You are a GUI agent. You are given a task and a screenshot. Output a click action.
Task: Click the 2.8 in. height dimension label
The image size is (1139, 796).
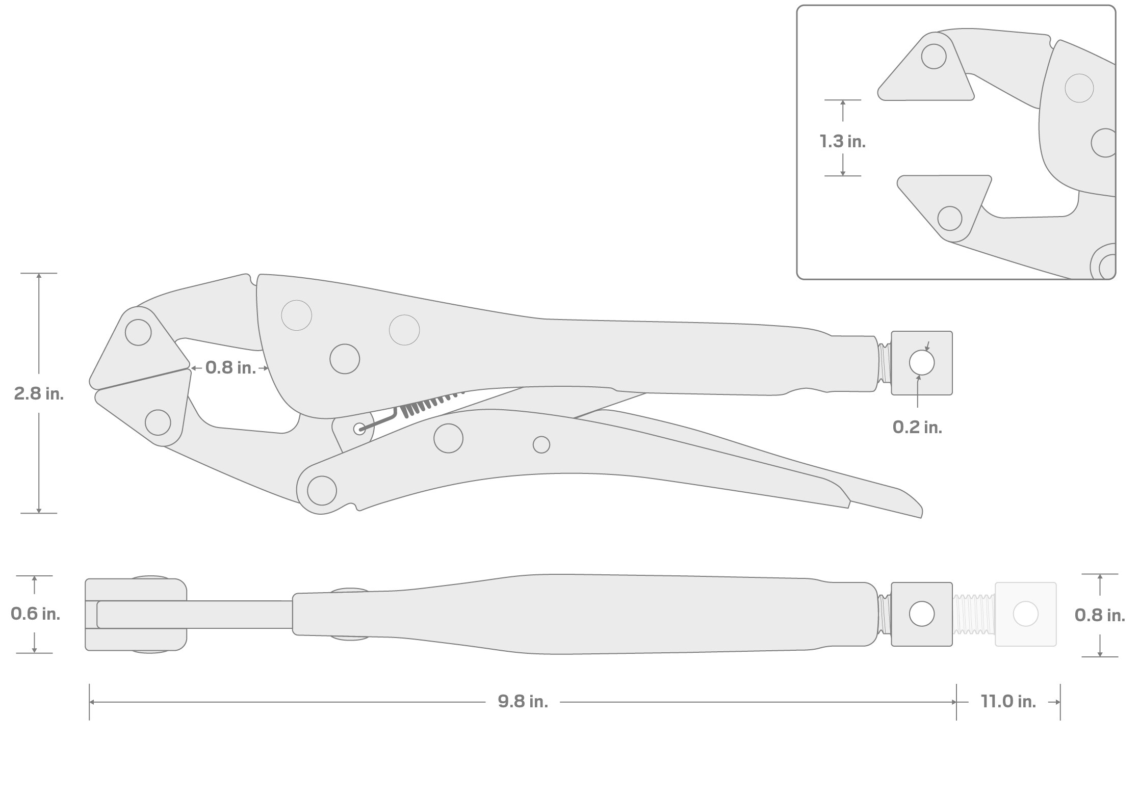39,393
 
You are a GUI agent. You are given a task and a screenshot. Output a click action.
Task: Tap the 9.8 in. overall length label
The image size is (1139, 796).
523,702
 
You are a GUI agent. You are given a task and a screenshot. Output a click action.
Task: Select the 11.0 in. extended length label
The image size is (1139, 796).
1008,702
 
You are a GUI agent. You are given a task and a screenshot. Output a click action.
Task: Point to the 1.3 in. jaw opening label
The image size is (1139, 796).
842,141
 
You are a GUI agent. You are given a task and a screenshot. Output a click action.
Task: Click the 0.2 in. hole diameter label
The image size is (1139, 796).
917,427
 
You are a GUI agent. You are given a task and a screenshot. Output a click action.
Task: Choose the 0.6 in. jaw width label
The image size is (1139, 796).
35,614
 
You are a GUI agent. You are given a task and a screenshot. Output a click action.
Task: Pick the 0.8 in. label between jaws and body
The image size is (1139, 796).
230,367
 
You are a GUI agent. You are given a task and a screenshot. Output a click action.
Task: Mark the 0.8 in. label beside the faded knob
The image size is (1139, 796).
1099,615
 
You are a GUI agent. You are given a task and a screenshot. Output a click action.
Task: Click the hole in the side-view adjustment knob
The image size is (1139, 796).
922,363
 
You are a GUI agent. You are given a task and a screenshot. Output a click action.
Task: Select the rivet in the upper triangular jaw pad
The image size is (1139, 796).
138,332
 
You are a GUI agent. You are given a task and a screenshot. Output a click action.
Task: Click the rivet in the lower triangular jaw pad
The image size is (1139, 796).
158,422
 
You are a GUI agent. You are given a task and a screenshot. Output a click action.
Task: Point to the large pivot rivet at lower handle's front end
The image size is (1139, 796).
322,490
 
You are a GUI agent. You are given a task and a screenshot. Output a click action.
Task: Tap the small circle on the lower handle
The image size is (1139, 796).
541,445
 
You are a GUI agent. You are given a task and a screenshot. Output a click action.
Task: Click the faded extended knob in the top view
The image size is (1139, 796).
1025,614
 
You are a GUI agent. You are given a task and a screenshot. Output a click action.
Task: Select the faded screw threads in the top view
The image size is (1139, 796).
973,614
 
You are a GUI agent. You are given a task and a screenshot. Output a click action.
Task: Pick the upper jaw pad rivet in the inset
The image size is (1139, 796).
934,56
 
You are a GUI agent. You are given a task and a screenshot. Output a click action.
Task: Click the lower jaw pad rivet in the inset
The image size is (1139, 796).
949,218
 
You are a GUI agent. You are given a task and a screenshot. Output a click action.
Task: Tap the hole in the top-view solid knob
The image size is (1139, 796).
922,614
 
